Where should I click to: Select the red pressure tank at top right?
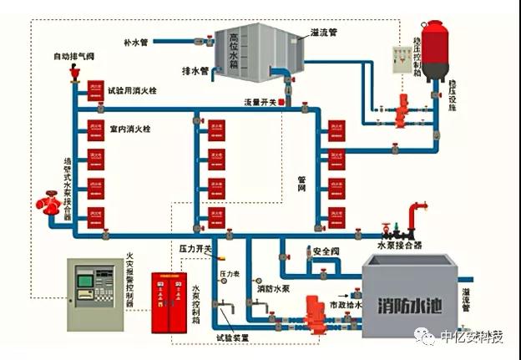[435, 50]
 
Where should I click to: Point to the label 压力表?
[229, 273]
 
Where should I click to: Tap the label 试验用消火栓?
[133, 89]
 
